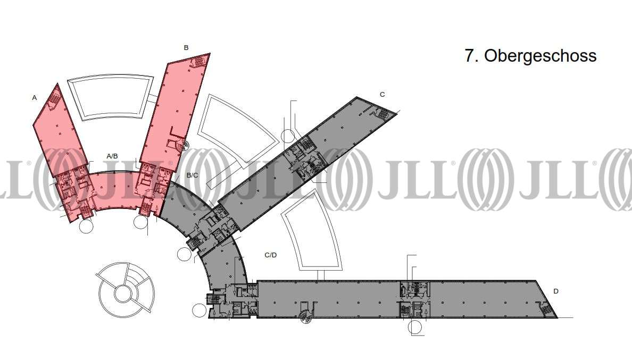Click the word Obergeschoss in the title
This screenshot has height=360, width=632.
540,56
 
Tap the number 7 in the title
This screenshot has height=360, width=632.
470,56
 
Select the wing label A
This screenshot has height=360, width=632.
34,98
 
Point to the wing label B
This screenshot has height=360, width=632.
186,47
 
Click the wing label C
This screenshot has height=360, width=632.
382,94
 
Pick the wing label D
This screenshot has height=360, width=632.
556,291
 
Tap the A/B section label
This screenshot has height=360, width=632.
112,156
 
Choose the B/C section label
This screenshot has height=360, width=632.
192,175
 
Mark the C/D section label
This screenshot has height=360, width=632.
270,255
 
